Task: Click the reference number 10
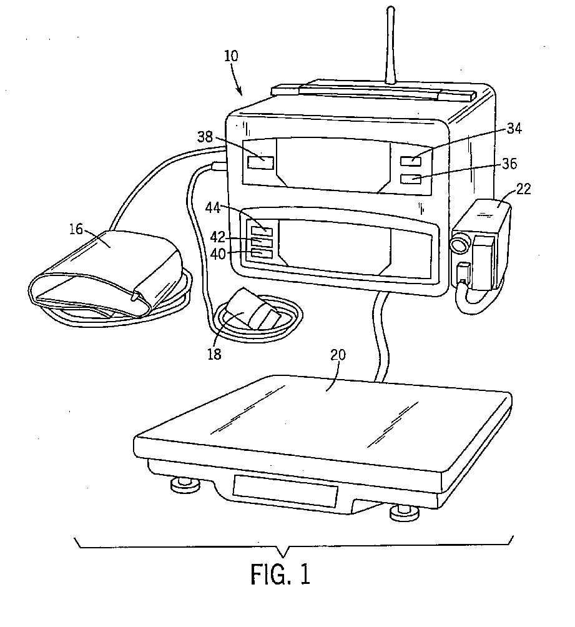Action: (230, 56)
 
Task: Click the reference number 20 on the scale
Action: (338, 355)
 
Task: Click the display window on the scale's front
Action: (285, 490)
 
